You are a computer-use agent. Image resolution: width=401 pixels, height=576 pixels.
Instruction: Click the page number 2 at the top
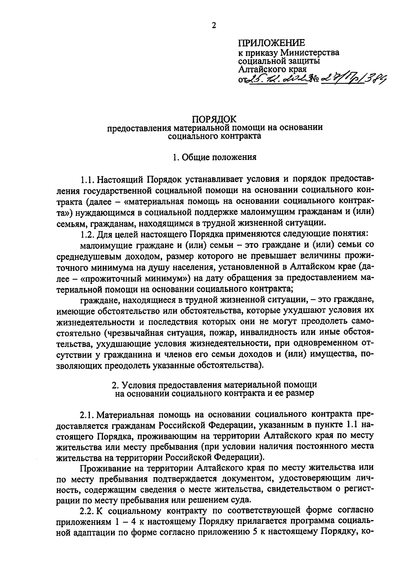[214, 25]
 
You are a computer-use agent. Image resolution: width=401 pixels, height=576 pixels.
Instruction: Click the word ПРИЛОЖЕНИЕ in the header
[271, 43]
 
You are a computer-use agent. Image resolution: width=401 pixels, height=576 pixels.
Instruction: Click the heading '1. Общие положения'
[214, 157]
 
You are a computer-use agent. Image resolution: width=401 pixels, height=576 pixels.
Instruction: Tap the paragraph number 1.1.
[88, 180]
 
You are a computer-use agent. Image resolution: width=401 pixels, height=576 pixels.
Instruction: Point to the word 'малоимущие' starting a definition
[106, 245]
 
